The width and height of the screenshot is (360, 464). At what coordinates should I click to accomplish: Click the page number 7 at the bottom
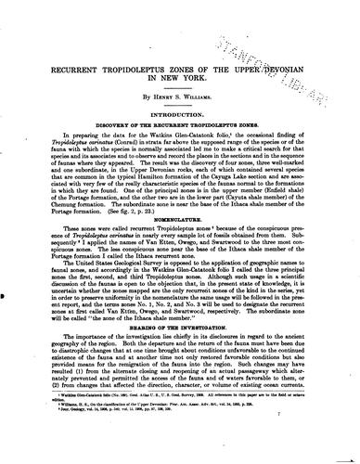321,450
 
